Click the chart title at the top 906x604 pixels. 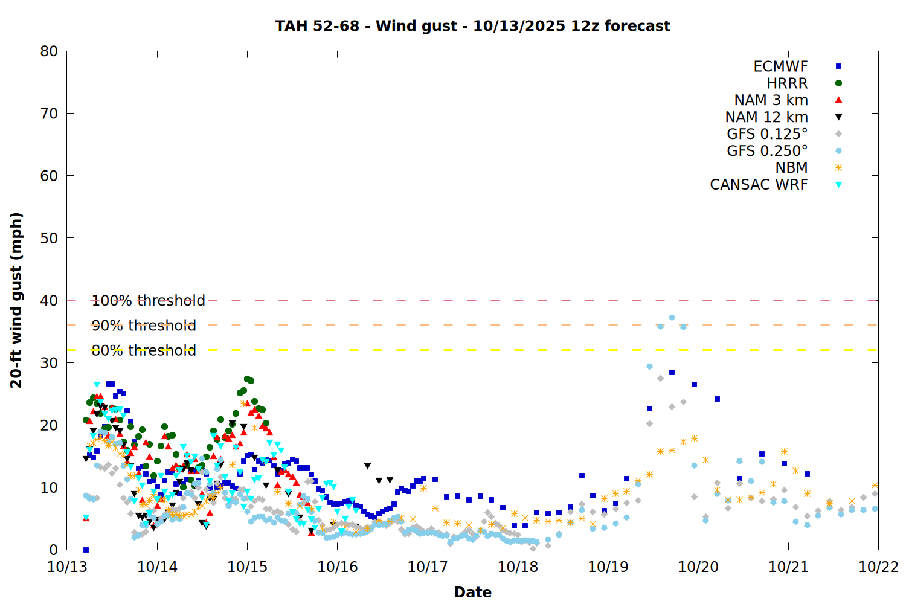(472, 26)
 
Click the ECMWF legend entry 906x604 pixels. (780, 66)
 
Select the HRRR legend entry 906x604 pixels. (787, 83)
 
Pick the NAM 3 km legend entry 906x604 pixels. (771, 100)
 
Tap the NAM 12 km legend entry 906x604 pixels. (766, 117)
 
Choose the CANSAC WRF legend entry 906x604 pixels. (759, 185)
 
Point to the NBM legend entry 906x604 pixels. (791, 168)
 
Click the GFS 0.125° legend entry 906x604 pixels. (767, 134)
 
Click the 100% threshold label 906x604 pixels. (148, 301)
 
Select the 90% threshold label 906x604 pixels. (144, 326)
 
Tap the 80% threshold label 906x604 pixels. (144, 350)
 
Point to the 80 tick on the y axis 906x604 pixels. (49, 51)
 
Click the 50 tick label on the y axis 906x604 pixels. (49, 238)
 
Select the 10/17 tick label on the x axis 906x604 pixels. (427, 567)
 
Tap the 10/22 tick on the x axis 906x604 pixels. (878, 567)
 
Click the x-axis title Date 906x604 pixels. (472, 592)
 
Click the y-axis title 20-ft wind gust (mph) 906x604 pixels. (16, 300)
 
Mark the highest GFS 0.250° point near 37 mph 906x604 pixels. (672, 318)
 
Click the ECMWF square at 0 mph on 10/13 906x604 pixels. (86, 550)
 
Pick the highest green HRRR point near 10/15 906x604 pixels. (247, 379)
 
